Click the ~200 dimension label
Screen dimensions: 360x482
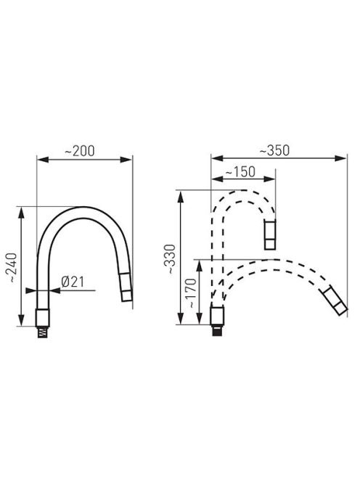pos(80,151)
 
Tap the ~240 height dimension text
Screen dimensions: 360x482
pos(12,268)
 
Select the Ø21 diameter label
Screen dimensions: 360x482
pos(73,282)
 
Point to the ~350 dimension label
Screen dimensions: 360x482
pos(274,150)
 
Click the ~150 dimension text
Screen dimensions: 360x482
pos(240,172)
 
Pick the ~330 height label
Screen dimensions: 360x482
pos(170,259)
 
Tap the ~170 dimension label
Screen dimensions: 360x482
pos(191,293)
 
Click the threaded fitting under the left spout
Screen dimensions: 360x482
pos(42,332)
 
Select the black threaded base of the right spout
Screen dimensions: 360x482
pos(218,330)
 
